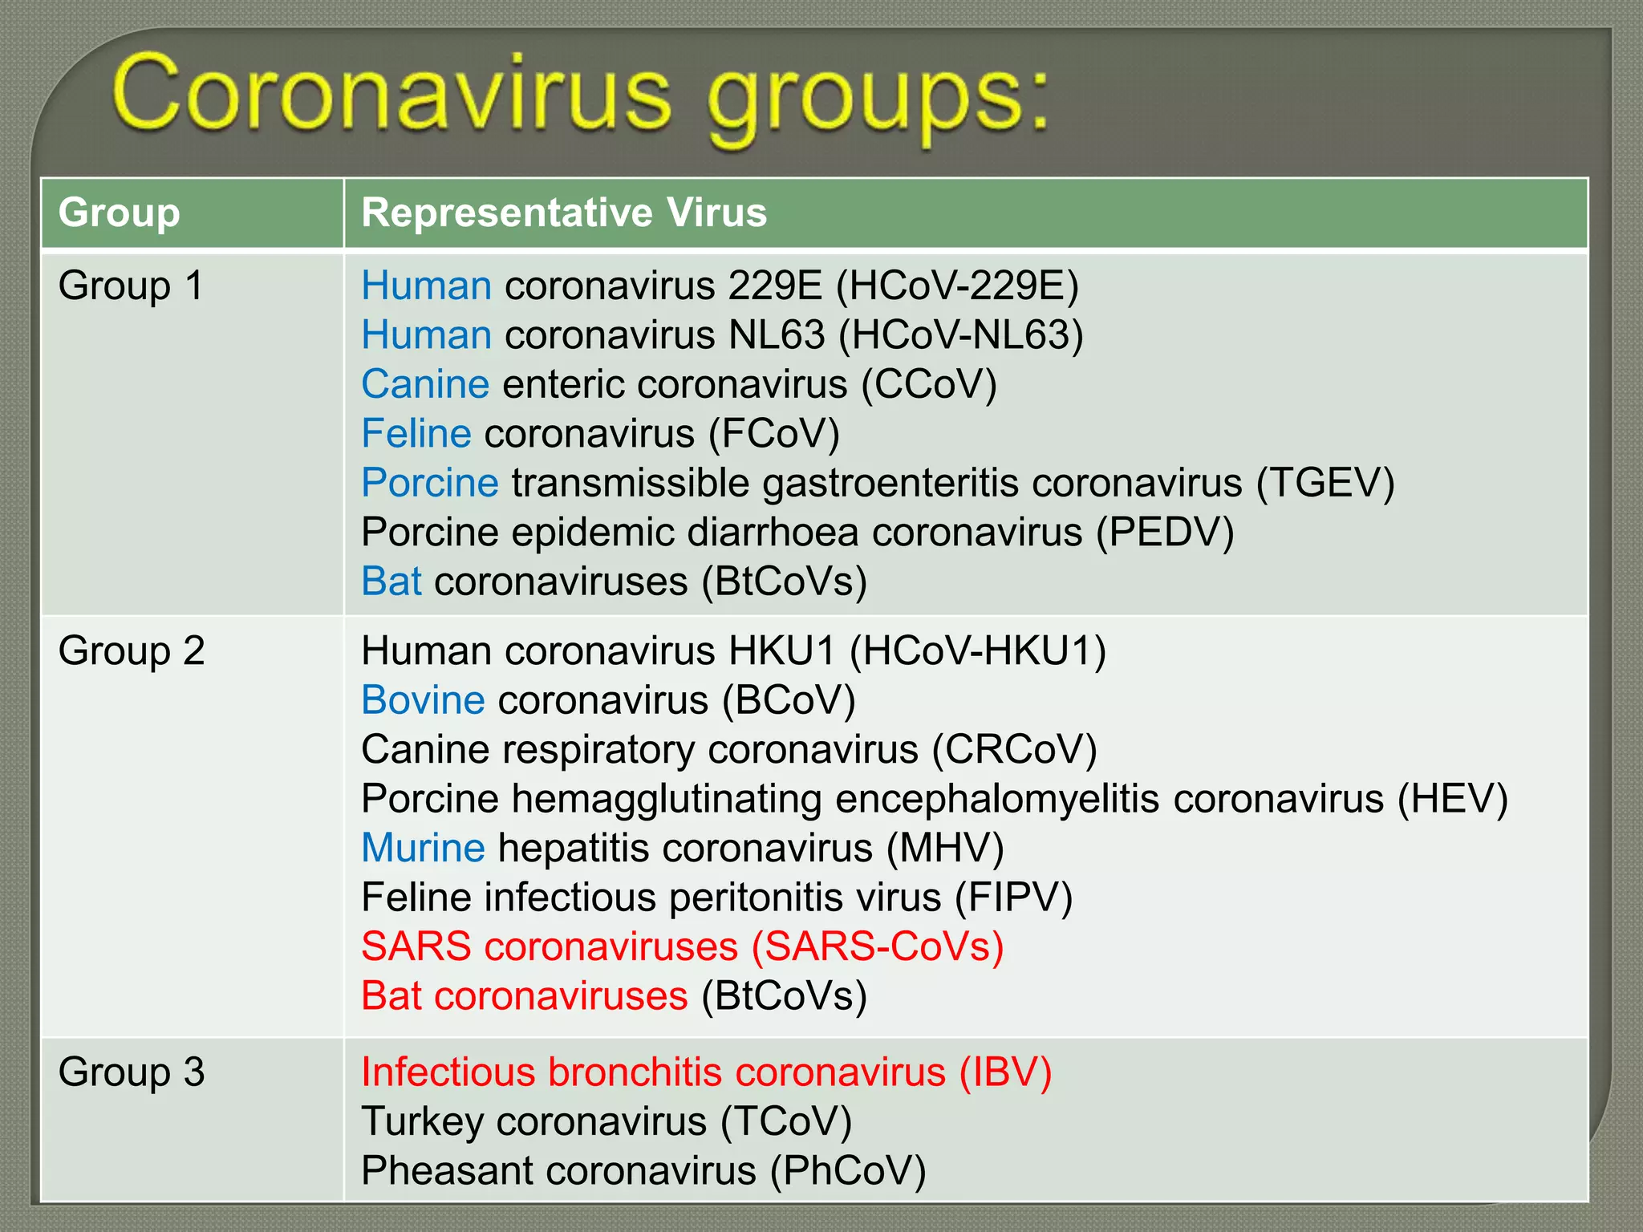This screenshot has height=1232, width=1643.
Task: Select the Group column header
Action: [x=119, y=213]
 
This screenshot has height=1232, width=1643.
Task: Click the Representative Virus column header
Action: [x=564, y=213]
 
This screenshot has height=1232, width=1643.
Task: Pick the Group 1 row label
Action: [x=131, y=286]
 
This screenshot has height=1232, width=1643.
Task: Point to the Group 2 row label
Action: [x=131, y=650]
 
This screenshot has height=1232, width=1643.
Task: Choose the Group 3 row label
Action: [x=131, y=1072]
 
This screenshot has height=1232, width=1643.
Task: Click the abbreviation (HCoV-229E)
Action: [x=957, y=286]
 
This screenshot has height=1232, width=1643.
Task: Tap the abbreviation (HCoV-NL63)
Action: [x=960, y=335]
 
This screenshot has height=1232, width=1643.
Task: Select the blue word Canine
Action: [x=425, y=384]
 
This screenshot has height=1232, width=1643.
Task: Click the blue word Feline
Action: [x=416, y=434]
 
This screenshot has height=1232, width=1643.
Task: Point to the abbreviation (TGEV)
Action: [x=1325, y=484]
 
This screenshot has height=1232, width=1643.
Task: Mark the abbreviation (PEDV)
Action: [x=1165, y=533]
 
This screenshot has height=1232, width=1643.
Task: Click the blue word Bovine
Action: [x=423, y=700]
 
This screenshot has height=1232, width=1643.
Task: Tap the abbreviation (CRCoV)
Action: [x=1014, y=750]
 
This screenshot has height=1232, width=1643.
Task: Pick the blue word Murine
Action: [x=423, y=849]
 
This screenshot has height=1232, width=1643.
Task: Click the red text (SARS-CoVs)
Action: [x=878, y=947]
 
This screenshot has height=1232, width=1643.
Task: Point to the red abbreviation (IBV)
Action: [x=1005, y=1072]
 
